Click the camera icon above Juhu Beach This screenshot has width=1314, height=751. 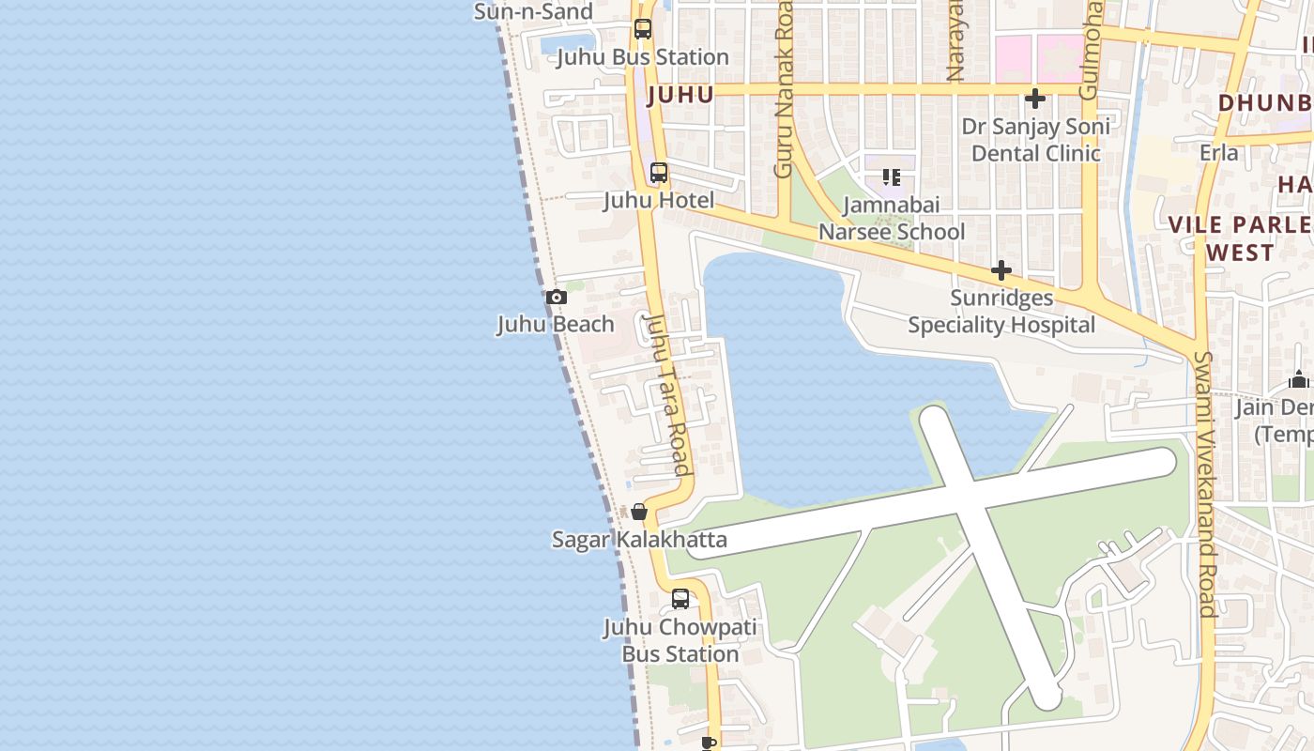(557, 298)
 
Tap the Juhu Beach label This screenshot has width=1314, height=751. (556, 325)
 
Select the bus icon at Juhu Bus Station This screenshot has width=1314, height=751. (642, 29)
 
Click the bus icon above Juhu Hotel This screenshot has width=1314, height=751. (659, 173)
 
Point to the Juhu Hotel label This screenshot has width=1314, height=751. (658, 200)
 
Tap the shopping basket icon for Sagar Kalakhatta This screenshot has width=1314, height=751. (639, 512)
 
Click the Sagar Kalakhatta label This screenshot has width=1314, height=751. (639, 540)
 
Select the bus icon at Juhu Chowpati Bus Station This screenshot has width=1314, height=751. (680, 599)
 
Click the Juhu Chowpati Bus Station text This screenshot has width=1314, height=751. (680, 640)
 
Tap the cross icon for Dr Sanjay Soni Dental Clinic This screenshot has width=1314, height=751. (1035, 99)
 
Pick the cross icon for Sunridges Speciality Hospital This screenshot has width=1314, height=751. (1001, 271)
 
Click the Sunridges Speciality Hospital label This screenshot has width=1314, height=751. (1001, 312)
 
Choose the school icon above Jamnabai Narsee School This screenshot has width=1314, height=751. (891, 176)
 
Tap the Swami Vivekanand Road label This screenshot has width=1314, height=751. (1204, 483)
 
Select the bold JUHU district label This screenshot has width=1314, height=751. (680, 95)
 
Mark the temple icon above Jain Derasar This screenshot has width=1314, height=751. (1299, 379)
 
